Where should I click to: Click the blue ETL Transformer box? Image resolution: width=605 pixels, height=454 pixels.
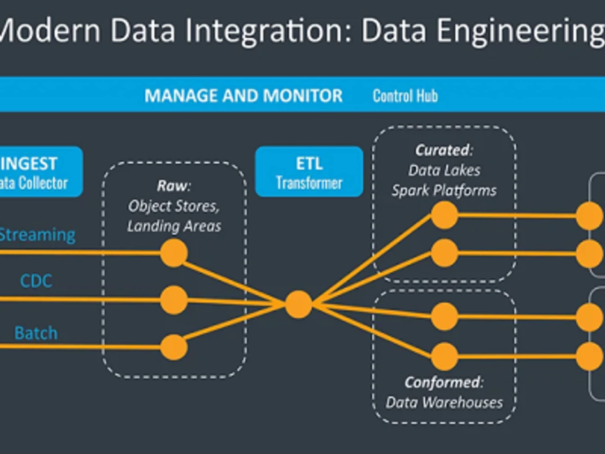(x=309, y=172)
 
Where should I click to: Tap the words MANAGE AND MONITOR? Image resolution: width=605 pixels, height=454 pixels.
(x=243, y=96)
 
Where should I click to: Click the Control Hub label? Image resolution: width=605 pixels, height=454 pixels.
(x=405, y=96)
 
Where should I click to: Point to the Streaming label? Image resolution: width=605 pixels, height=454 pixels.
(x=37, y=235)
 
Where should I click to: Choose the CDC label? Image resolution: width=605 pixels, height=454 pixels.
(x=36, y=281)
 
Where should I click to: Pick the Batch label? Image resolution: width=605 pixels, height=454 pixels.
(x=36, y=333)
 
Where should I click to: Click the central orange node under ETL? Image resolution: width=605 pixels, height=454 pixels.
(x=299, y=304)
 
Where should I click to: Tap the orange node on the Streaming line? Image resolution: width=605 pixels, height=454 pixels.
(x=174, y=253)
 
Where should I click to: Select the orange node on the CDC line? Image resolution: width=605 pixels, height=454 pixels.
(x=174, y=300)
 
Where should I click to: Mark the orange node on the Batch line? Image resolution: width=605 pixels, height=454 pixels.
(x=174, y=347)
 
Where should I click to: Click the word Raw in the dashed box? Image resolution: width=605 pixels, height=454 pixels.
(x=173, y=186)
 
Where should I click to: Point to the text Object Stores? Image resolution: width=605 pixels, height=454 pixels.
(x=174, y=206)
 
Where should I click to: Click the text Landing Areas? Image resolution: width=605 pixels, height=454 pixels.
(x=174, y=226)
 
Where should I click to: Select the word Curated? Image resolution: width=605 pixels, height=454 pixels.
(x=444, y=150)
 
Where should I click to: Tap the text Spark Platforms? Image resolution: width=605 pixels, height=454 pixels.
(x=444, y=191)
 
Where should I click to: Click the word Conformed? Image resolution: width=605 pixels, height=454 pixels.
(x=444, y=382)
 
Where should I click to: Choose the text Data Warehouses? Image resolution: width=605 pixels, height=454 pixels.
(x=444, y=403)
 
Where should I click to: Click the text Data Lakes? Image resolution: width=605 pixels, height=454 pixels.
(x=444, y=171)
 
